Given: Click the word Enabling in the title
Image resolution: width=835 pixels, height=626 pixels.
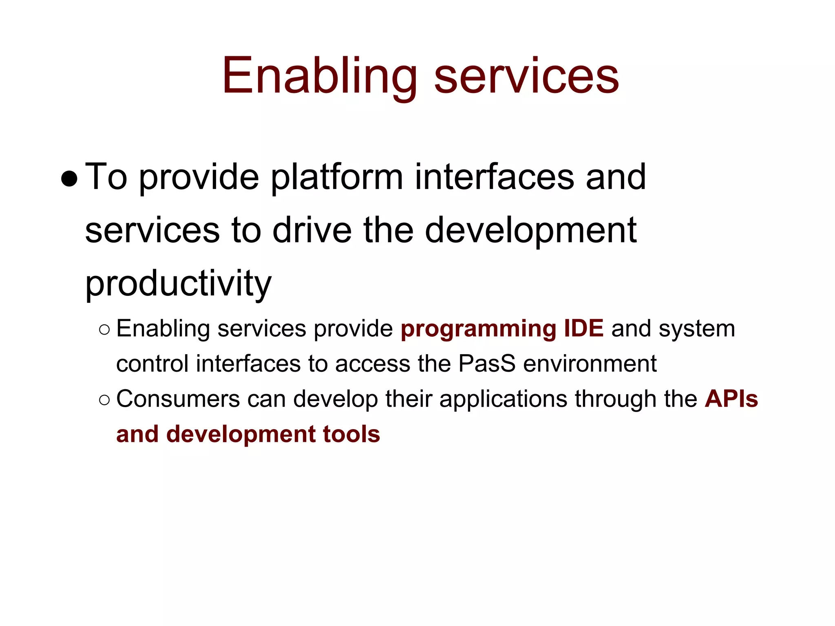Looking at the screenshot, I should [319, 77].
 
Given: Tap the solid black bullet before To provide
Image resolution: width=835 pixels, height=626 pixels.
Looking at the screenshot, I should [69, 179].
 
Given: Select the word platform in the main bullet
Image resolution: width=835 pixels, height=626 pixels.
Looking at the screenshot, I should [337, 178].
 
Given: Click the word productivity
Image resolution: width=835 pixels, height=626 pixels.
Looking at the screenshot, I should [178, 284].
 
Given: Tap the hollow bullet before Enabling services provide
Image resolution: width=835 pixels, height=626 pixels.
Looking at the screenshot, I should [104, 329].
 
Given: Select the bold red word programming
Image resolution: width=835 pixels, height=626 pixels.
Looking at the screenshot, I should [478, 329].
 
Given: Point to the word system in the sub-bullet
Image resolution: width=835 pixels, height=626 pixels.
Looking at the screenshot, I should [697, 329].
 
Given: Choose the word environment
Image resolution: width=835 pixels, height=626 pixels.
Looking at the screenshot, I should [590, 364].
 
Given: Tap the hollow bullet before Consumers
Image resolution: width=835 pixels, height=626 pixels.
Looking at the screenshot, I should [104, 400].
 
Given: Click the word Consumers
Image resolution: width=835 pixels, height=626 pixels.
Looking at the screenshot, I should [178, 399].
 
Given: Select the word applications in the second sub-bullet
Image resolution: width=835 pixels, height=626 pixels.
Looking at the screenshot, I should [503, 400].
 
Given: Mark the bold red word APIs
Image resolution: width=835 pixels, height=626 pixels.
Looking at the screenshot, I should [731, 399].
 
